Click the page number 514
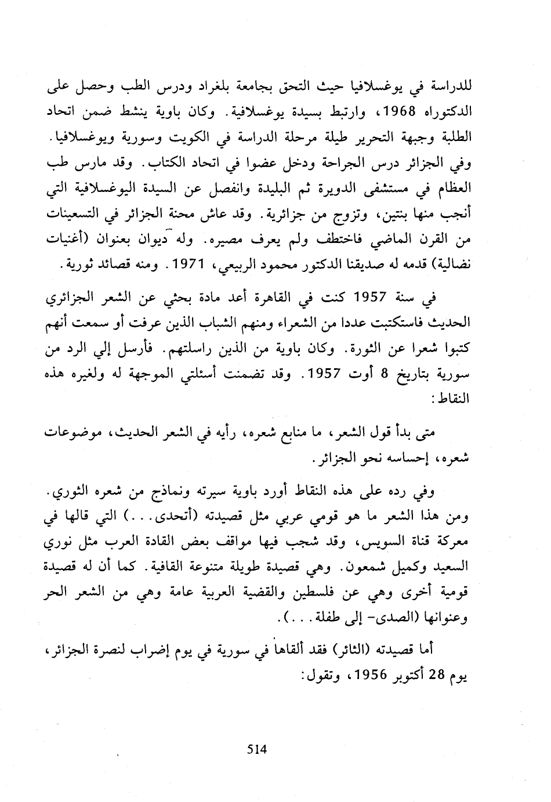click(256, 749)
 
